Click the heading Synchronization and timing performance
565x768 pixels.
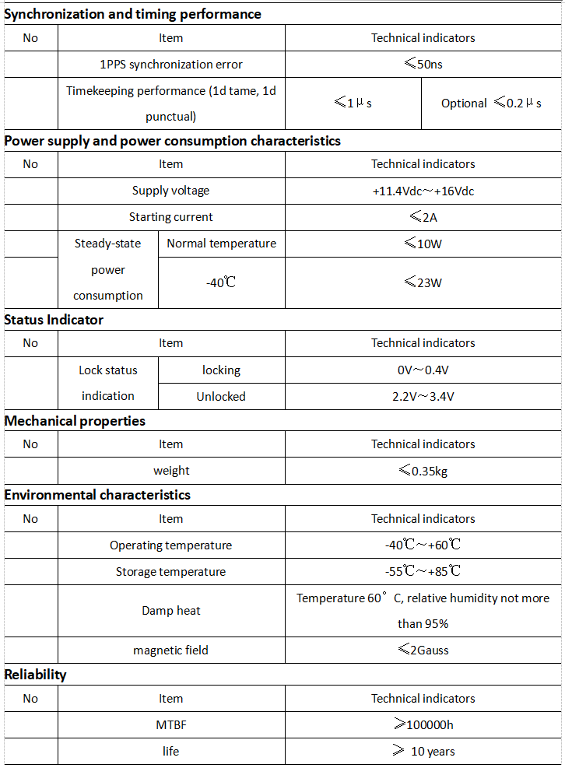[x=133, y=14]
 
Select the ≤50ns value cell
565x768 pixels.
[x=423, y=64]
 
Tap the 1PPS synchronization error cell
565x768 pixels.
[x=171, y=65]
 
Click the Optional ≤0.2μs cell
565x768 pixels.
[x=491, y=103]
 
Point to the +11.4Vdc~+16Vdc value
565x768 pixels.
[x=423, y=191]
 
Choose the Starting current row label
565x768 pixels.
[x=171, y=217]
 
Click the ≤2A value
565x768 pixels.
[x=423, y=217]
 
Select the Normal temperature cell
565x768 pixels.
[x=221, y=244]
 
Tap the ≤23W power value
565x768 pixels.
[x=423, y=282]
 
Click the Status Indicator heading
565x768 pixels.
[x=54, y=320]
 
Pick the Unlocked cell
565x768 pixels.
[x=221, y=396]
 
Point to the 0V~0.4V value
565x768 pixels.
[x=423, y=370]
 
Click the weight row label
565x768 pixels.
[x=171, y=471]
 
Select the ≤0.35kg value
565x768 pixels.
[x=423, y=471]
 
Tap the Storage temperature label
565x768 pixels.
[x=171, y=572]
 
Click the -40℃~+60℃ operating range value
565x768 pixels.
[x=423, y=545]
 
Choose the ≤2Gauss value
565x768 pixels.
[x=423, y=650]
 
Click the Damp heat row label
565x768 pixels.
[x=171, y=611]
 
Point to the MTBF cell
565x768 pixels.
[x=171, y=725]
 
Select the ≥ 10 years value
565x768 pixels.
[x=423, y=752]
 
